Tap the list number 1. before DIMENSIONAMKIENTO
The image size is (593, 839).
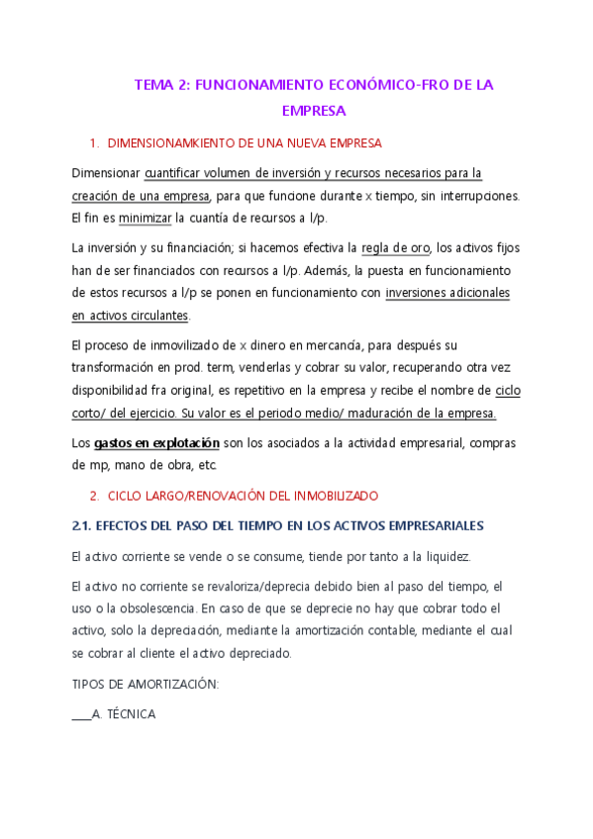(x=93, y=143)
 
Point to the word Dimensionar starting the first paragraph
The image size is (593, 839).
(x=106, y=173)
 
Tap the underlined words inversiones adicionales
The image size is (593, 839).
(x=447, y=293)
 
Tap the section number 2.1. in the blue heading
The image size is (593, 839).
(x=84, y=524)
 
